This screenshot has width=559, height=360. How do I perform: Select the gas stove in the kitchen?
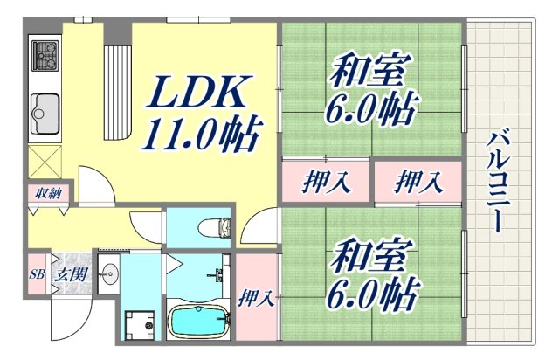click(x=45, y=57)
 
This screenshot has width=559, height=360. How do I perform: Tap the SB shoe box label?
click(x=37, y=274)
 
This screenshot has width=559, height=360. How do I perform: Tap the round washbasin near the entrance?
click(x=109, y=273)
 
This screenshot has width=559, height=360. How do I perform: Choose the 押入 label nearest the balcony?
click(x=418, y=183)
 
